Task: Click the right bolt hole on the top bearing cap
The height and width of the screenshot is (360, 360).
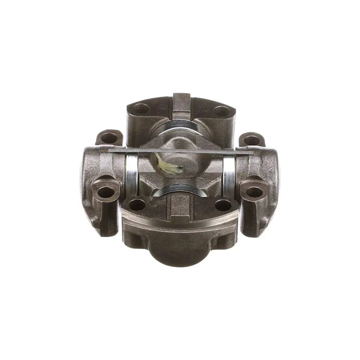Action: [220, 110]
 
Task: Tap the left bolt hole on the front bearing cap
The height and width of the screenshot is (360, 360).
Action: [139, 205]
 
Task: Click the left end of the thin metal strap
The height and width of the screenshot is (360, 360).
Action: [104, 150]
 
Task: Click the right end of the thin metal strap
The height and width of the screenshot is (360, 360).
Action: [256, 153]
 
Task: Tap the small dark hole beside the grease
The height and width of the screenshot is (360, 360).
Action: [180, 169]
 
